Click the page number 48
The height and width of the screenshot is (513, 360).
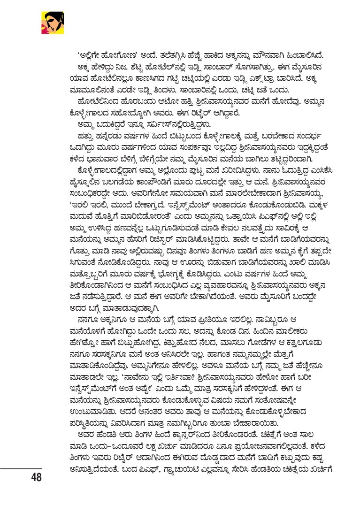(x=36, y=478)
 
